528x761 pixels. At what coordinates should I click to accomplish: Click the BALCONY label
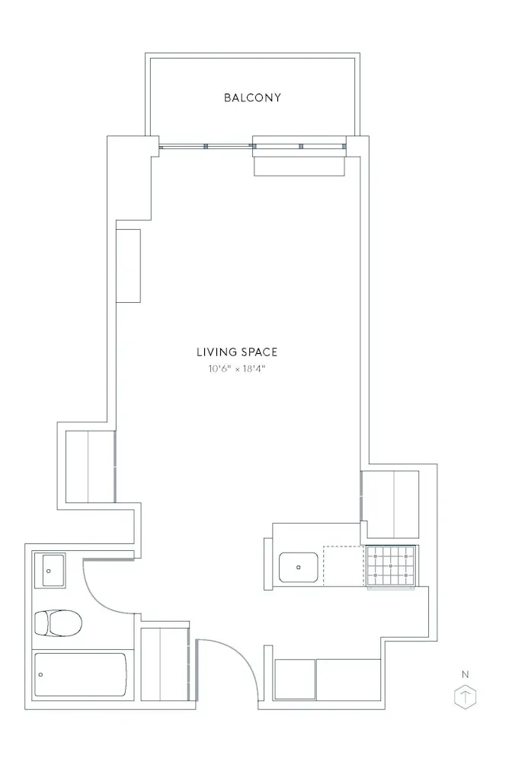click(252, 97)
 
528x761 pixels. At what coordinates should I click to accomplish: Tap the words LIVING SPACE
click(237, 352)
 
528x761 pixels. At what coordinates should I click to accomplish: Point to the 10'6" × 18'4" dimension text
click(237, 369)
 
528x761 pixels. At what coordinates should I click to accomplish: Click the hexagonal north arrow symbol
click(465, 697)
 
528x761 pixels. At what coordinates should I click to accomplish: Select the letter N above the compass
click(465, 673)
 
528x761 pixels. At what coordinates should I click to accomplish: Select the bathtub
click(80, 674)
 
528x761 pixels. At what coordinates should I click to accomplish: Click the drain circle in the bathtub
click(41, 674)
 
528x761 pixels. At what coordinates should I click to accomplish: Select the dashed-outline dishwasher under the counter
click(344, 566)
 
